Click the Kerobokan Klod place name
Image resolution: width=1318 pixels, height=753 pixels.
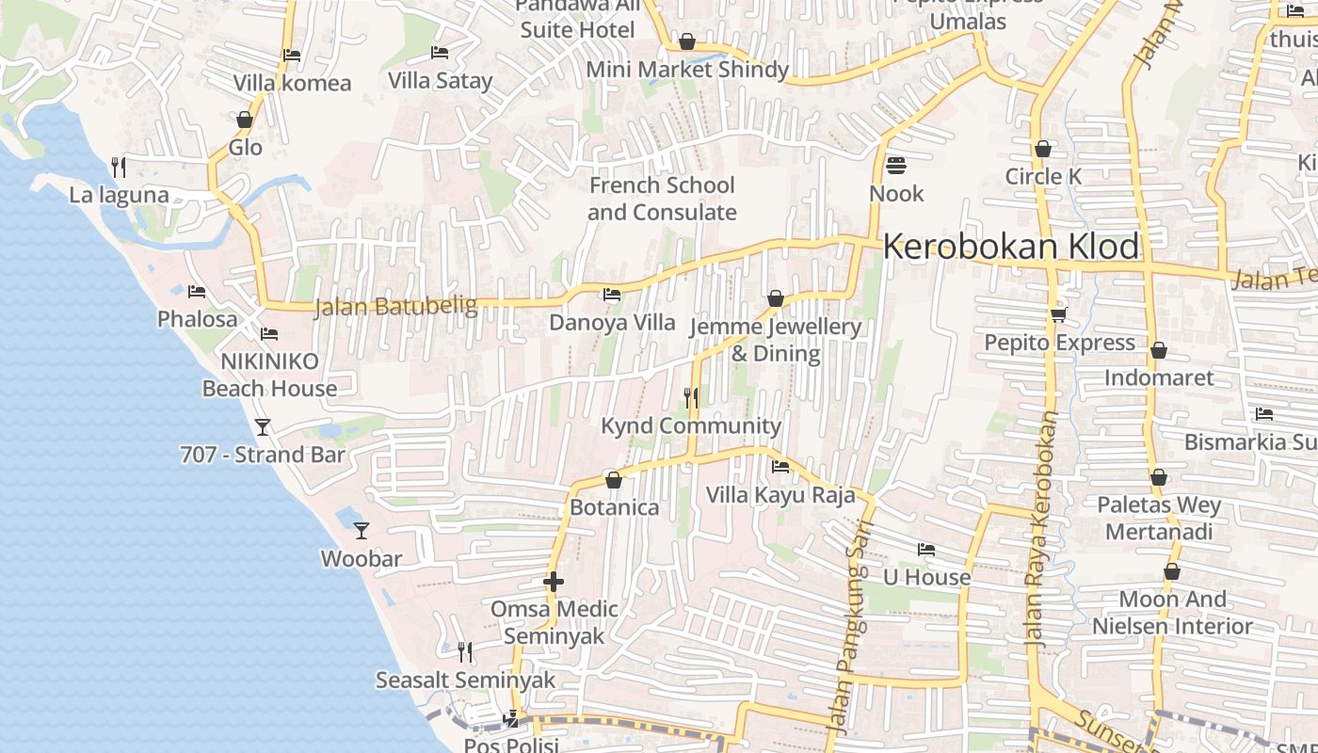pyautogui.click(x=1011, y=247)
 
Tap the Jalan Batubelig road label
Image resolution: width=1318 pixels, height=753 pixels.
pyautogui.click(x=395, y=307)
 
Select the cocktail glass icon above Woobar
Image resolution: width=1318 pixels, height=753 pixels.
pyautogui.click(x=361, y=531)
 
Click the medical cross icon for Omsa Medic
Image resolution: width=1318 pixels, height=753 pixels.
pyautogui.click(x=554, y=582)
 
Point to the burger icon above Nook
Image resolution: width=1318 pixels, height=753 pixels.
pyautogui.click(x=895, y=166)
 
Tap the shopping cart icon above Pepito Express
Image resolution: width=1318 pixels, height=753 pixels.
pyautogui.click(x=1058, y=314)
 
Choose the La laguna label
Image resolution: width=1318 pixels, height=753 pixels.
pyautogui.click(x=119, y=195)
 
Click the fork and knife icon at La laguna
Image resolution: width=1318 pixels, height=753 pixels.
pyautogui.click(x=119, y=168)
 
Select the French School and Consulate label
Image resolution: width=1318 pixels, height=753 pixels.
pyautogui.click(x=662, y=199)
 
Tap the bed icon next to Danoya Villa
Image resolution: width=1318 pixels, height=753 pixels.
pyautogui.click(x=612, y=295)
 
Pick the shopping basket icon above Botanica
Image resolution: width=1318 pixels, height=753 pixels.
pyautogui.click(x=614, y=480)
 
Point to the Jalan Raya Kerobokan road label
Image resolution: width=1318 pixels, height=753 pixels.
pyautogui.click(x=1041, y=527)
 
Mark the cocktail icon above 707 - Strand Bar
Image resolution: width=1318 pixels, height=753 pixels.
pyautogui.click(x=263, y=427)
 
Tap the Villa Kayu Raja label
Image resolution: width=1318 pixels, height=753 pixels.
pyautogui.click(x=780, y=494)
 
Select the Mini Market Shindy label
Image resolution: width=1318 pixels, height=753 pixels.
pyautogui.click(x=687, y=70)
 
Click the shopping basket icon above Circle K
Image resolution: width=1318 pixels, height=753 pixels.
pyautogui.click(x=1043, y=149)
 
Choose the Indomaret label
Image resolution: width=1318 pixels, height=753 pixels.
pyautogui.click(x=1159, y=377)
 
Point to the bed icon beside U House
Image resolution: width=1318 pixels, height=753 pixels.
pyautogui.click(x=926, y=550)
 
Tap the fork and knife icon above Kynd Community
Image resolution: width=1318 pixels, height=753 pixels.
pyautogui.click(x=691, y=398)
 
